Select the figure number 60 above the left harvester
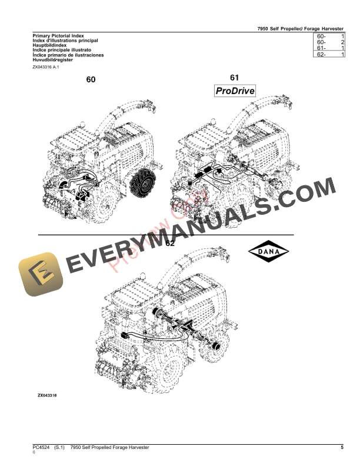pos(91,80)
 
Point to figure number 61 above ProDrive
pos(234,77)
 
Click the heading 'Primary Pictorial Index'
pos(54,36)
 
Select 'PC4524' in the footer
pos(41,448)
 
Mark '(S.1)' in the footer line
pos(59,448)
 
